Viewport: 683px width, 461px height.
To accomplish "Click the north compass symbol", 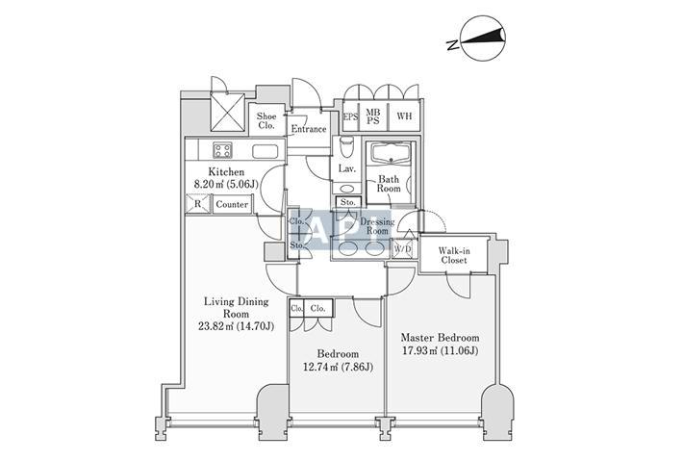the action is (483, 38).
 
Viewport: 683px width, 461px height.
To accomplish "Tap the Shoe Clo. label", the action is (266, 120).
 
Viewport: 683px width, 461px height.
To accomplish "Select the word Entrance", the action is (309, 129).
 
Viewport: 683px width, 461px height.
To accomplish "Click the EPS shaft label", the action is (351, 116).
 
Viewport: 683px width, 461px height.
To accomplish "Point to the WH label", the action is (404, 116).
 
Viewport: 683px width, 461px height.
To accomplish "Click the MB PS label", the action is (373, 116).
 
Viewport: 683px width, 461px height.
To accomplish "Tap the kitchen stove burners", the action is (222, 150).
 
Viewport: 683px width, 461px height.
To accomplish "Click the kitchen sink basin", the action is (265, 151).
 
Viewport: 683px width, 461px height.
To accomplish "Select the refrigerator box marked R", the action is (197, 204).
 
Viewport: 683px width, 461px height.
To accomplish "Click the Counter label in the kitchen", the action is (232, 204).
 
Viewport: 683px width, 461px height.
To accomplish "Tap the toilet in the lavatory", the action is (347, 147).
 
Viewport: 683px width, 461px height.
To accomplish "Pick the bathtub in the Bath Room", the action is (390, 153).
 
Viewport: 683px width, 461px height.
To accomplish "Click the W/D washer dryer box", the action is (402, 249).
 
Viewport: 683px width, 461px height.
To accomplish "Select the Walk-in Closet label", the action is (454, 255).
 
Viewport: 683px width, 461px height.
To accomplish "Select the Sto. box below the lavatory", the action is (348, 202).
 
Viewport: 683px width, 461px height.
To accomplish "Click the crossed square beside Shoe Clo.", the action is (227, 112).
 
